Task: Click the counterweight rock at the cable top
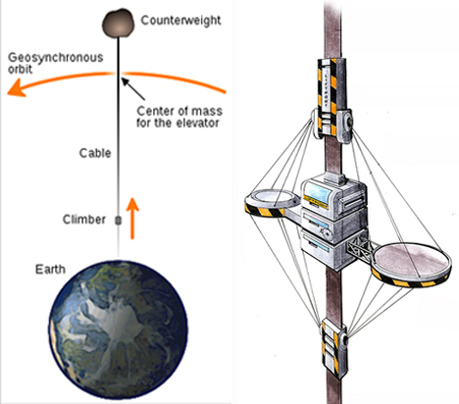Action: (x=119, y=24)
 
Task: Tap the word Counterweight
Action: (x=180, y=21)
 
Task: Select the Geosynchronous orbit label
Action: (x=55, y=63)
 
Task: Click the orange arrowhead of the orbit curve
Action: (x=17, y=88)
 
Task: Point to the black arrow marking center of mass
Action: (x=133, y=88)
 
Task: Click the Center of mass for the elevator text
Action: (x=179, y=117)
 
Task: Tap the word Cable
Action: (x=95, y=153)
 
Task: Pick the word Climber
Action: (x=84, y=220)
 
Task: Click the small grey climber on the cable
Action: (x=119, y=221)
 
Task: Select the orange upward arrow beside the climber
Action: (x=132, y=219)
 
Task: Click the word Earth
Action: (x=50, y=270)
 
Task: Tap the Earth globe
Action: (x=118, y=329)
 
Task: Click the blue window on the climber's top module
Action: (x=316, y=193)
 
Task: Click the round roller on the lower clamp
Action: (x=343, y=340)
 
